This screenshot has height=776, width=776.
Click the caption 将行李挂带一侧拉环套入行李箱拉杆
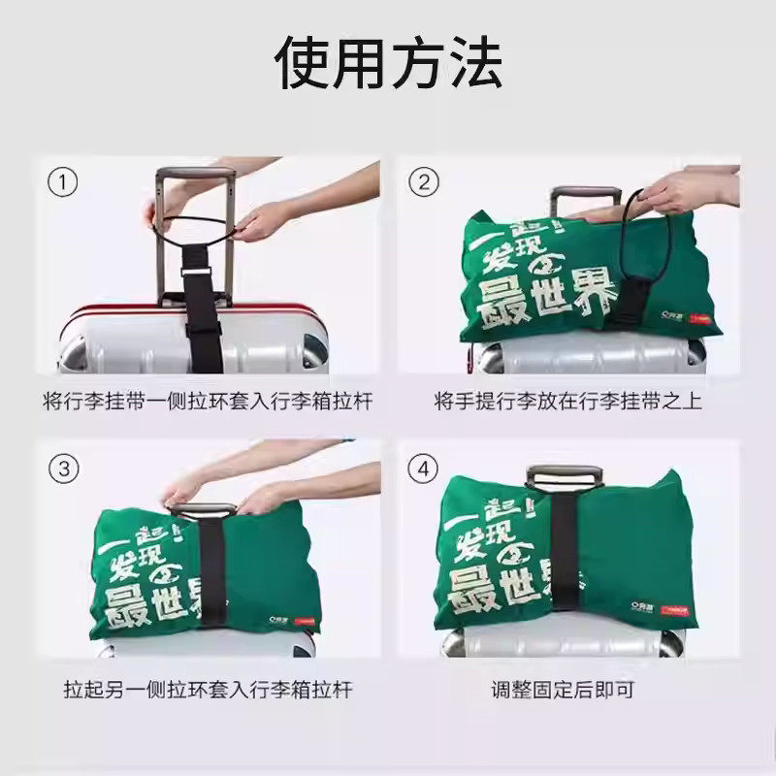(x=208, y=401)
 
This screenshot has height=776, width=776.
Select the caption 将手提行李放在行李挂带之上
(x=568, y=401)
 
